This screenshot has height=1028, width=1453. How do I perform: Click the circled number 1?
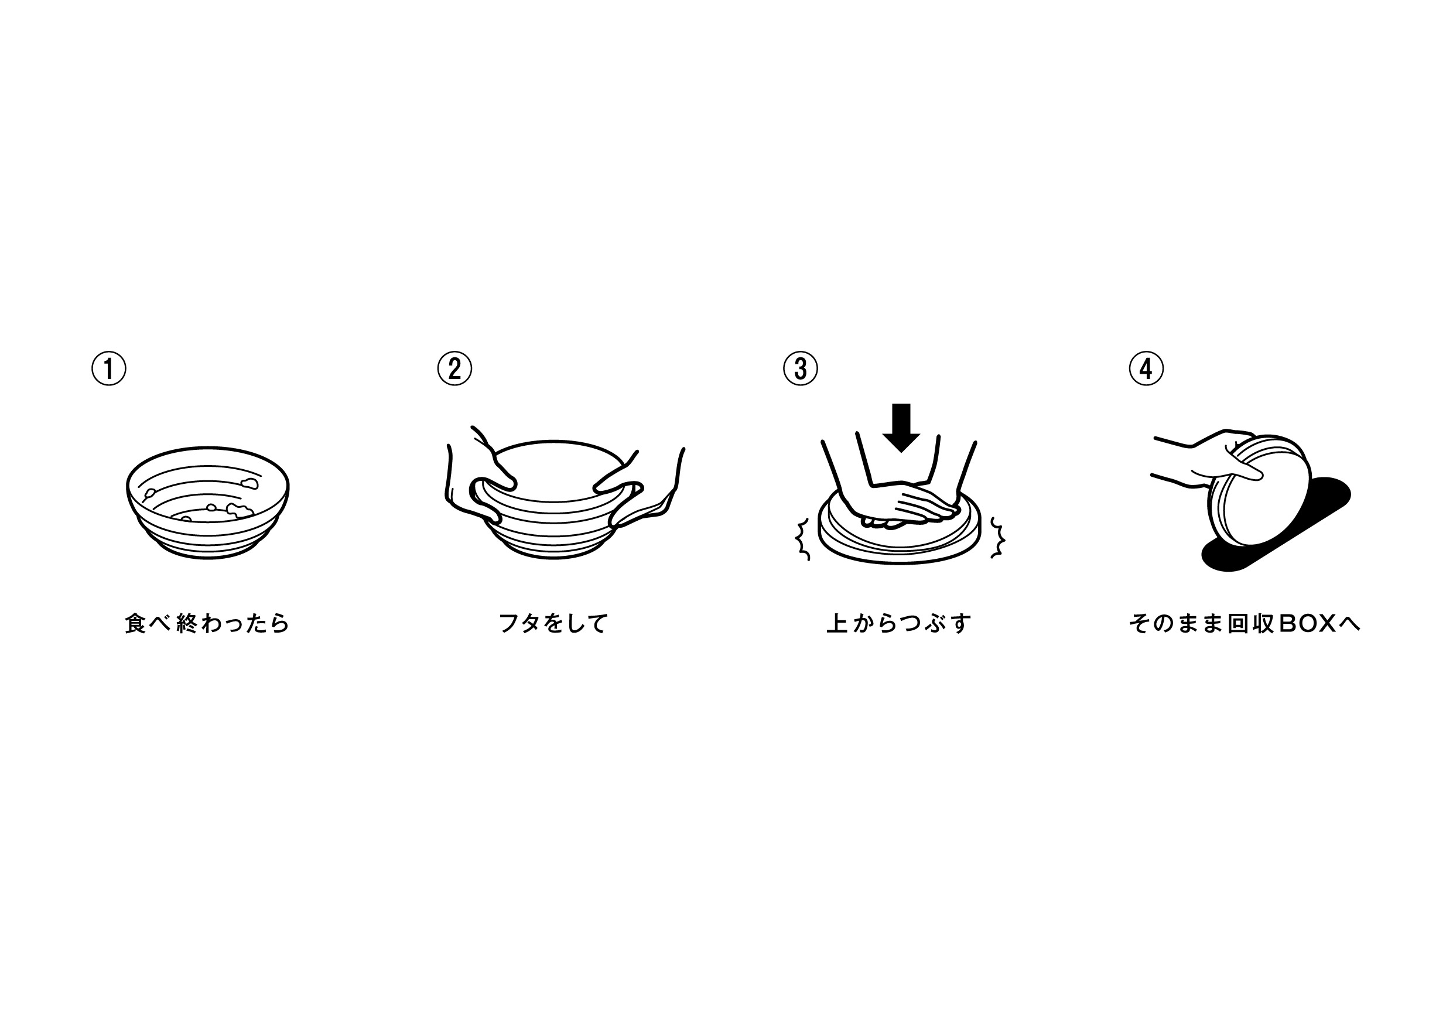(x=109, y=368)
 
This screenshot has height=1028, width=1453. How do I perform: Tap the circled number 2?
(x=454, y=368)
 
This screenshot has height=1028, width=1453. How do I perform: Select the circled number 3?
(x=801, y=368)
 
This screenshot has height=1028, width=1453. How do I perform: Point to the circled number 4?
(x=1146, y=368)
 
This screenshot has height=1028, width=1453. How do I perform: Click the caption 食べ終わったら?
(x=207, y=623)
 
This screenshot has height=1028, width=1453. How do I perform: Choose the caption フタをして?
(x=553, y=623)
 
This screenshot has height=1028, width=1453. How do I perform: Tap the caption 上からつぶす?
(x=898, y=623)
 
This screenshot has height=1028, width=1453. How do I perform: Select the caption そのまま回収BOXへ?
(x=1244, y=623)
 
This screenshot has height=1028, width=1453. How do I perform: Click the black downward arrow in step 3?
(x=901, y=428)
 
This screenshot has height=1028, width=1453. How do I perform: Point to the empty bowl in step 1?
(x=207, y=503)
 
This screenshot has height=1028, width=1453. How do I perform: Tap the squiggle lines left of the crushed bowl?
(x=802, y=539)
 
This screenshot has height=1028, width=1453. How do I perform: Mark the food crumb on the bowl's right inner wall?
(x=251, y=484)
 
